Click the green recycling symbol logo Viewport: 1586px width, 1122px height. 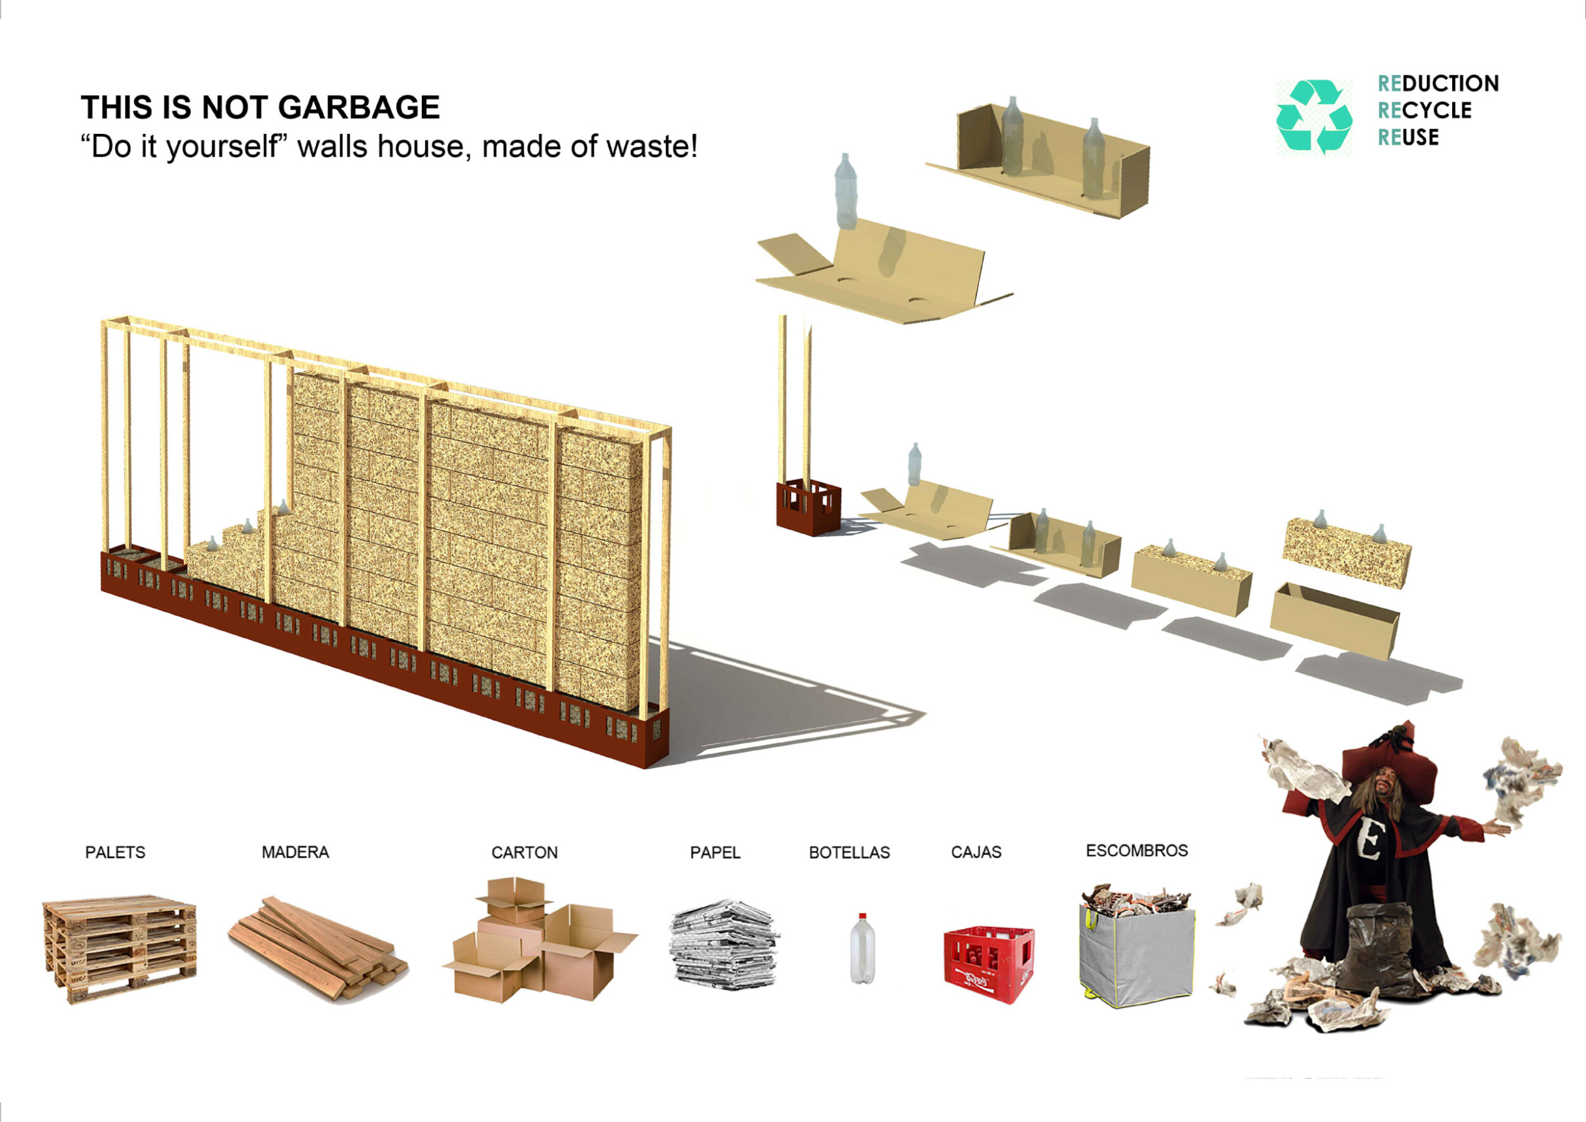(x=1314, y=116)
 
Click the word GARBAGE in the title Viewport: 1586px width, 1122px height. (x=359, y=108)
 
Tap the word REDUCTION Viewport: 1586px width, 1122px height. (x=1438, y=84)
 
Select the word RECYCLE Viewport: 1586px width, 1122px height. (x=1424, y=110)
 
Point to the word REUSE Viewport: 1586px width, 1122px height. (x=1408, y=138)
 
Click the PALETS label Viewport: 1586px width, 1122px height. (x=115, y=852)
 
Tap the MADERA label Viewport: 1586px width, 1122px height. (x=295, y=852)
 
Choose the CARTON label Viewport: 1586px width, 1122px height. (x=524, y=852)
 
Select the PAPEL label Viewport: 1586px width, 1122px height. (x=715, y=852)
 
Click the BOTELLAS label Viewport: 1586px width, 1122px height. (x=849, y=852)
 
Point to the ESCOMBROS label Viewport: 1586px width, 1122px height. (x=1137, y=850)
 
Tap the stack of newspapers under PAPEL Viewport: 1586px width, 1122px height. (x=724, y=944)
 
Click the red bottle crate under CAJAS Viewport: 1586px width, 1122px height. (x=989, y=965)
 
